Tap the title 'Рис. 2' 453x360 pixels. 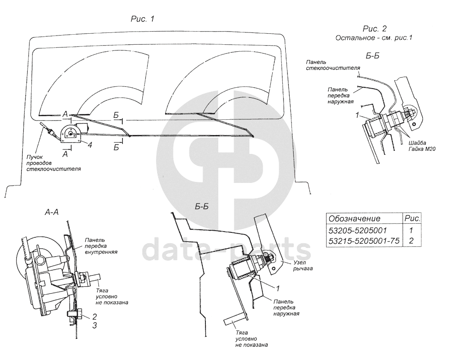pos(374,29)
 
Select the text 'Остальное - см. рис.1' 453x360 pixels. pos(374,38)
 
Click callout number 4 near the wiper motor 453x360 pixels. pos(89,145)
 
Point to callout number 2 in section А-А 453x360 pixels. pos(94,316)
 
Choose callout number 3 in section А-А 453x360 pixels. pos(94,325)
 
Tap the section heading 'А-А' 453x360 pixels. pos(52,212)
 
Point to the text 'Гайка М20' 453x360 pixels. pos(424,149)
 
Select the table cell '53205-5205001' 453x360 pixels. pos(358,229)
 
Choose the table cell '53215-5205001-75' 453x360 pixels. pos(363,240)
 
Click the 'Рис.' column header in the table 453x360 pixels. pos(412,218)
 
